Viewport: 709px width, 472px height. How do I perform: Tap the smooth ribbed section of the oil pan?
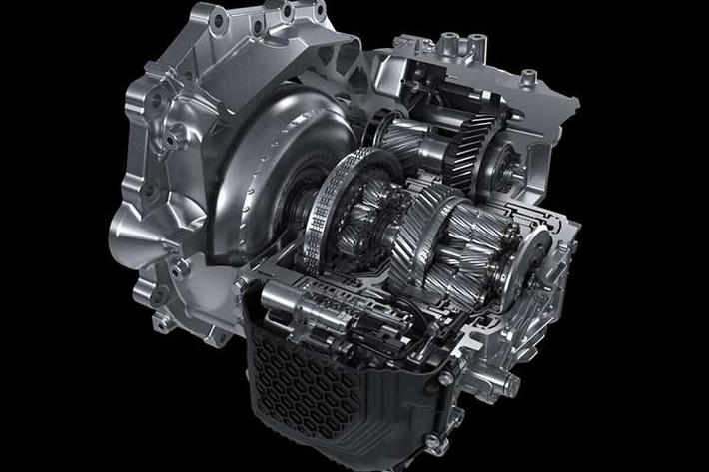click(399, 399)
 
